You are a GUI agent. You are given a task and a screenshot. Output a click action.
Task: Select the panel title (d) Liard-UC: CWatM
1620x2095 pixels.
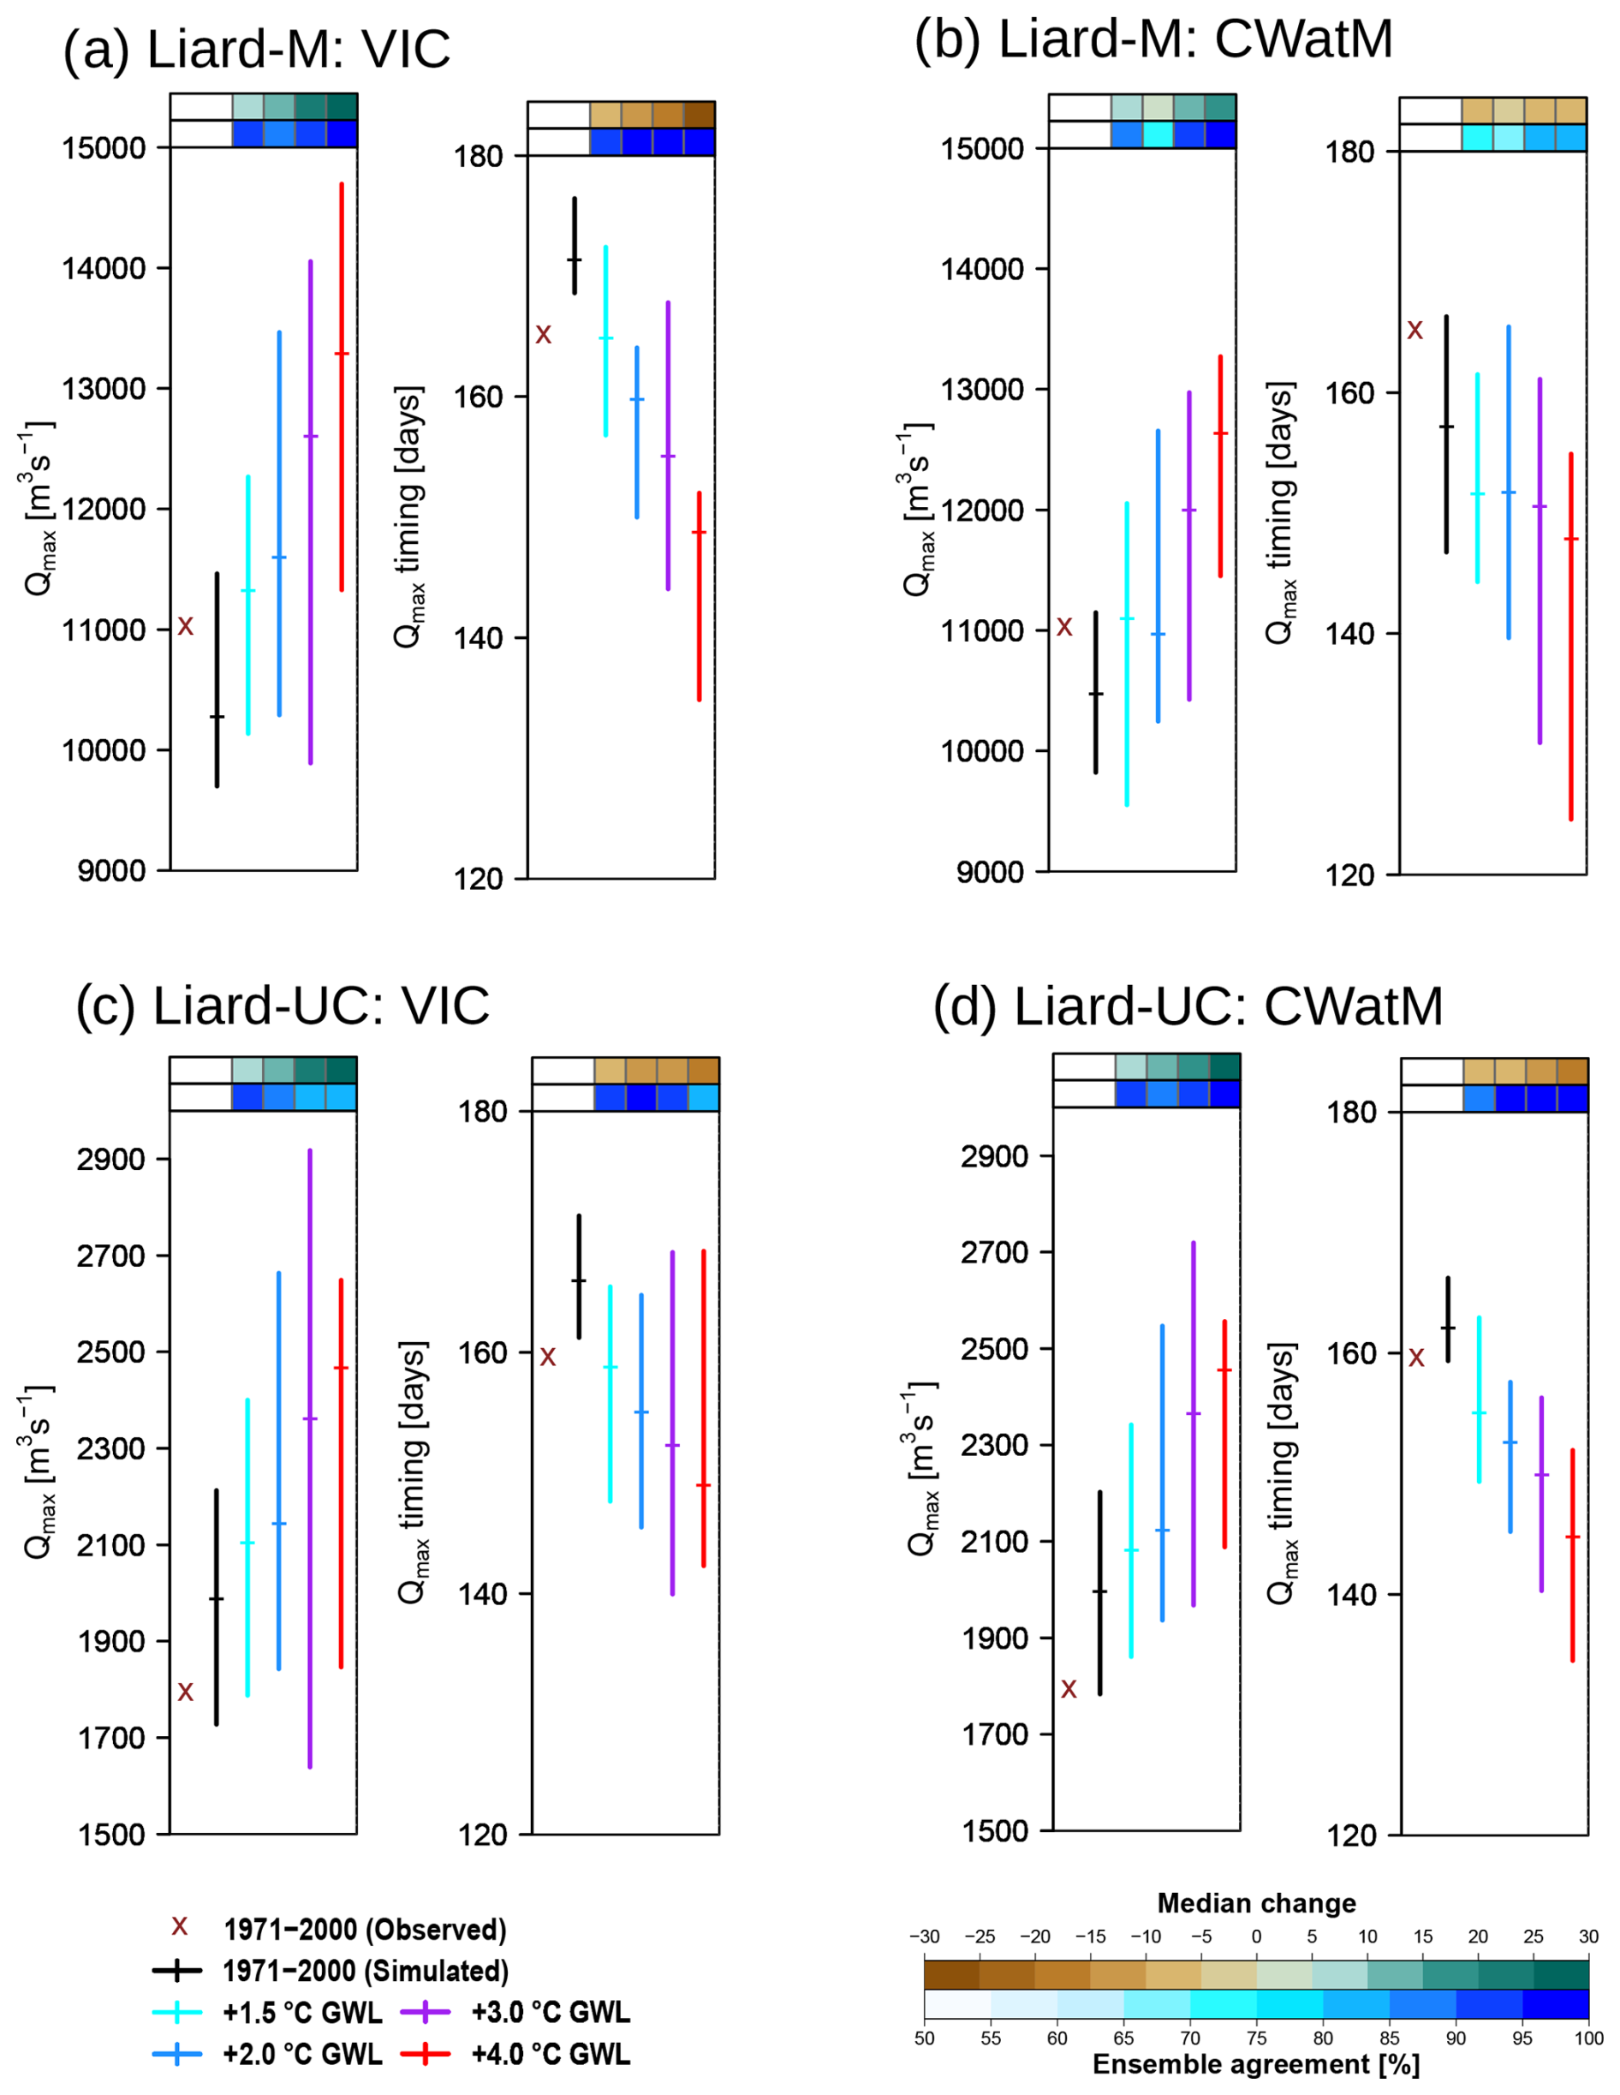tap(1188, 1006)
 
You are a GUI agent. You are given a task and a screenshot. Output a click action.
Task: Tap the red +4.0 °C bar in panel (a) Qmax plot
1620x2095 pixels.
tap(342, 384)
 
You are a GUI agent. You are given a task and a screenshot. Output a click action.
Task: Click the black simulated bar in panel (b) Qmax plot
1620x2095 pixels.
tap(1095, 691)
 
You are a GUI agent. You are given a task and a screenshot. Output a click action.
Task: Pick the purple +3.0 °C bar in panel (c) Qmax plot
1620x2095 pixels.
tap(310, 1458)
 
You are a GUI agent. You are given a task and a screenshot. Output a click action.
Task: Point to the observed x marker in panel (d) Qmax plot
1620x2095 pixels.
tap(1069, 1689)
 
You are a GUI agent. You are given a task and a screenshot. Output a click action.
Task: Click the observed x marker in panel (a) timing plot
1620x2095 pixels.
tap(543, 334)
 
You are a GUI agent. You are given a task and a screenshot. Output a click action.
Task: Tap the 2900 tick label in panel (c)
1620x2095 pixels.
tap(110, 1160)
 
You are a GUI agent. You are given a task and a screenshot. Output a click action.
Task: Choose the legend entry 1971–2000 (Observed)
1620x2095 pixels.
tap(365, 1930)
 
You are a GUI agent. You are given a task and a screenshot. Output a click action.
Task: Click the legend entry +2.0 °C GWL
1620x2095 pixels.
tap(302, 2054)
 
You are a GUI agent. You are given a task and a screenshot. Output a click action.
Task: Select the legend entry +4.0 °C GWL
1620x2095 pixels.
tap(551, 2054)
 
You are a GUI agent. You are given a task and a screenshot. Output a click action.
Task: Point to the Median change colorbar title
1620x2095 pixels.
tap(1255, 1903)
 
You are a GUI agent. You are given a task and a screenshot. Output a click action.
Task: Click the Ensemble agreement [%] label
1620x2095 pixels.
tap(1255, 2063)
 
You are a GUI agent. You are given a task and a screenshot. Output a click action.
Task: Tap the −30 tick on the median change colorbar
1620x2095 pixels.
tap(924, 1937)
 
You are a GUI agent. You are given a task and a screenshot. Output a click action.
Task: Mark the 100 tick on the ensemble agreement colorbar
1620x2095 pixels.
tap(1588, 2038)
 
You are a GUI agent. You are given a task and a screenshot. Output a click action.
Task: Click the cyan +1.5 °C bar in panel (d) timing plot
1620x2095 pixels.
tap(1478, 1400)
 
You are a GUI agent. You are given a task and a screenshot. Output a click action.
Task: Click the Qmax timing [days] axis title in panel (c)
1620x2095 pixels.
tap(413, 1471)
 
